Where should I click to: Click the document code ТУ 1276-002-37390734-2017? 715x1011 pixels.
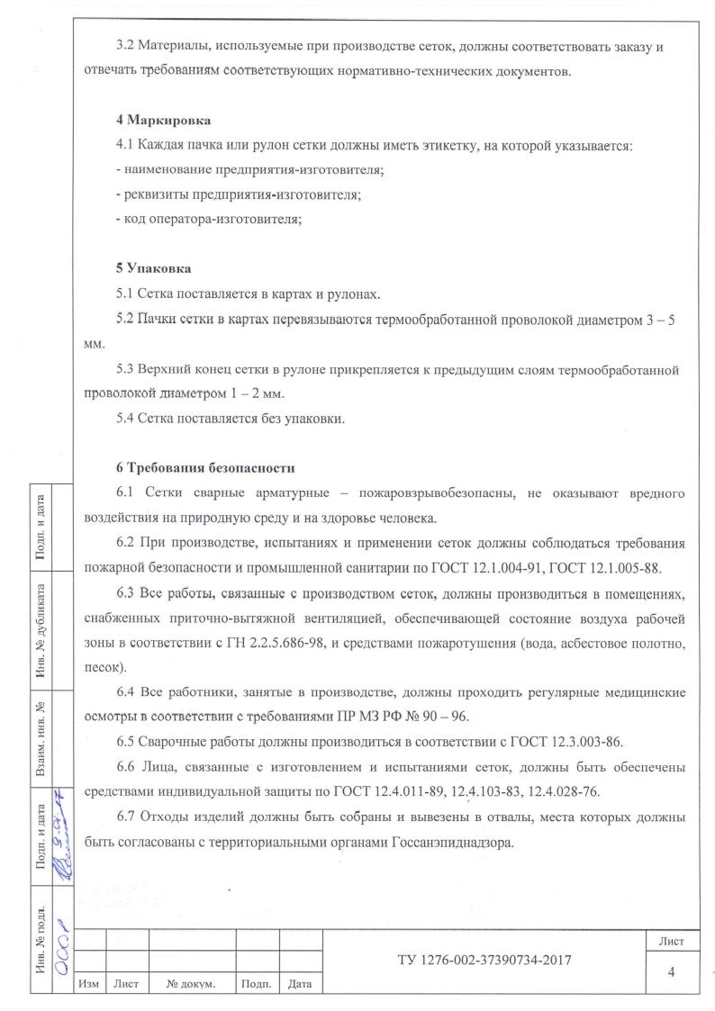(x=486, y=961)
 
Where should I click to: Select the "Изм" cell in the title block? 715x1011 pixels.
(x=88, y=984)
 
